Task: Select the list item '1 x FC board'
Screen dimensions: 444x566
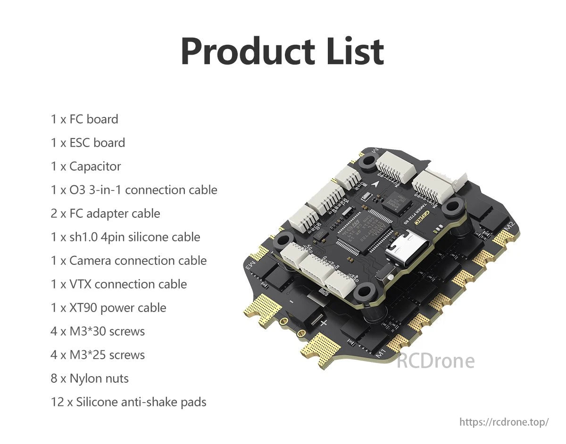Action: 84,119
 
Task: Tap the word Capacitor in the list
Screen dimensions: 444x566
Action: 95,166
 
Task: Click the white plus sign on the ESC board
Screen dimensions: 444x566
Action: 324,323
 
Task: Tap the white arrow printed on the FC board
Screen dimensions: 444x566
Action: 375,185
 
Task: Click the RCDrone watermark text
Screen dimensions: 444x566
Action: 435,361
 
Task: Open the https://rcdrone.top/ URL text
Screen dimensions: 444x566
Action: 504,422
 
